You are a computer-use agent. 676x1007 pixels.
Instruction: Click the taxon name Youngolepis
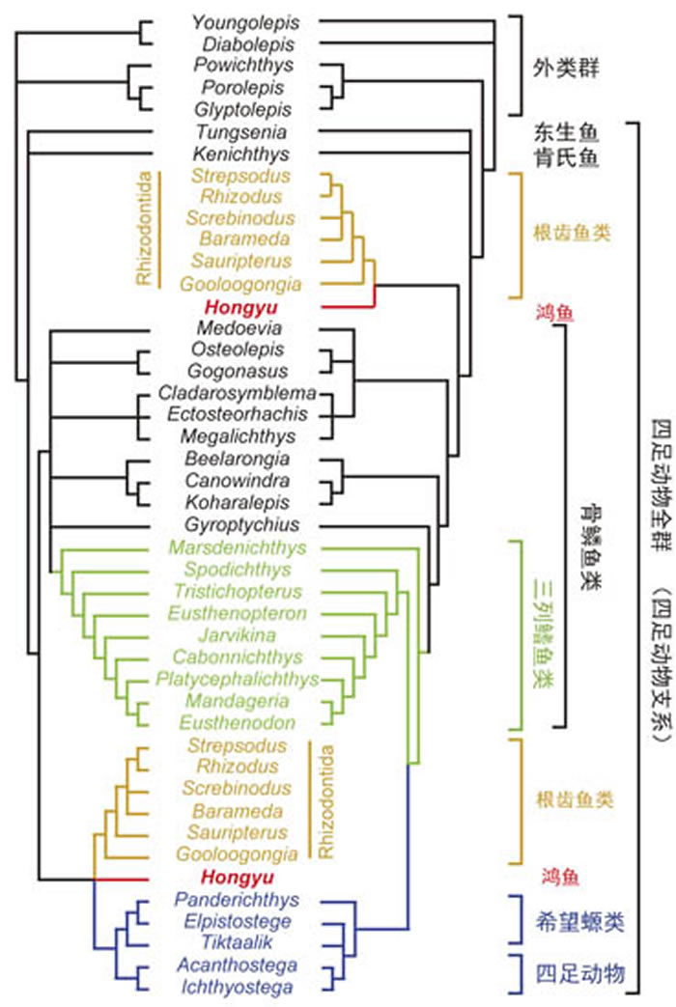tap(244, 21)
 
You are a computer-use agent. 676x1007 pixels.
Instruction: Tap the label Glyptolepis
tap(242, 110)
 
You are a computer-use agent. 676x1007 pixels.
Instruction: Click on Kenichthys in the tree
tap(241, 154)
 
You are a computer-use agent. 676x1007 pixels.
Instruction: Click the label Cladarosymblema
tap(238, 393)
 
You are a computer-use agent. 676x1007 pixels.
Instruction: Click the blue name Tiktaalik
tap(238, 942)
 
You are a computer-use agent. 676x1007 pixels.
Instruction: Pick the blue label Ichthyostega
tap(238, 987)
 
